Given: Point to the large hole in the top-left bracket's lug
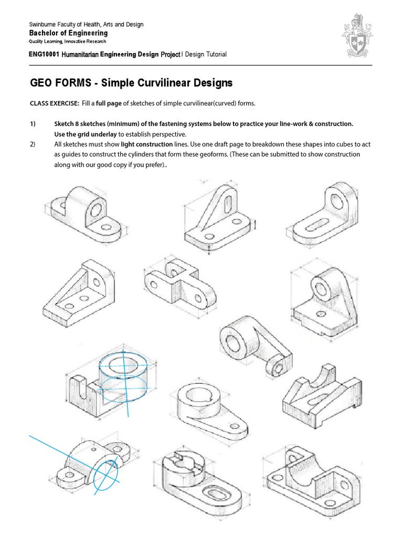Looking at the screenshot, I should click(x=96, y=209).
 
